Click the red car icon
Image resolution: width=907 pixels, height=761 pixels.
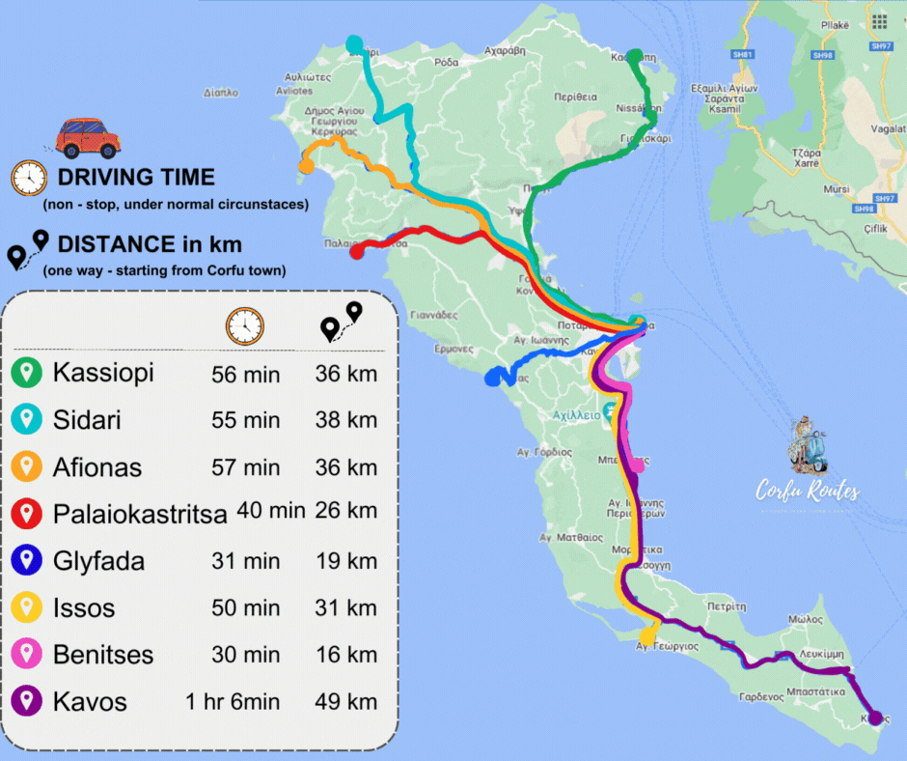[88, 138]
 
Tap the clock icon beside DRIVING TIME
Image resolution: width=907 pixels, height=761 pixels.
[29, 178]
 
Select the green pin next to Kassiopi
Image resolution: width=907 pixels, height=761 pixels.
[27, 372]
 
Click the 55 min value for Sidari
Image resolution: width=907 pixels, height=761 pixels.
[245, 421]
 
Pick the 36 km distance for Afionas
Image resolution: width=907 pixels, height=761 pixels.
[345, 467]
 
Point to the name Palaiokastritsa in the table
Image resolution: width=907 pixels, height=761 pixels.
[140, 514]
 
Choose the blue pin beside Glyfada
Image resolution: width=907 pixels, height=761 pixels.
[27, 560]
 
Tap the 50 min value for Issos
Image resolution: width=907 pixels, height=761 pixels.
[245, 608]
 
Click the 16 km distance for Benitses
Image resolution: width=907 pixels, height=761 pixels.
[345, 655]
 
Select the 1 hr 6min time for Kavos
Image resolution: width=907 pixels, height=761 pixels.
[233, 701]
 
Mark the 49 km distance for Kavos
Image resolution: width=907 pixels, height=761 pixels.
[345, 701]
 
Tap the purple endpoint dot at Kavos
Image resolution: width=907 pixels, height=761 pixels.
[875, 717]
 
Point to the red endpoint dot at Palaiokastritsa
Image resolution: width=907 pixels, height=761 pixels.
[355, 252]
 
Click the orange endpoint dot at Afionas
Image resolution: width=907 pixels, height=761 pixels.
[306, 166]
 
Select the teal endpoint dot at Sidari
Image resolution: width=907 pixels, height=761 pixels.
[354, 43]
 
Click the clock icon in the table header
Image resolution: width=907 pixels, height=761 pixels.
[245, 325]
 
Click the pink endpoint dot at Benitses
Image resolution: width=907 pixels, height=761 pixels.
[636, 465]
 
